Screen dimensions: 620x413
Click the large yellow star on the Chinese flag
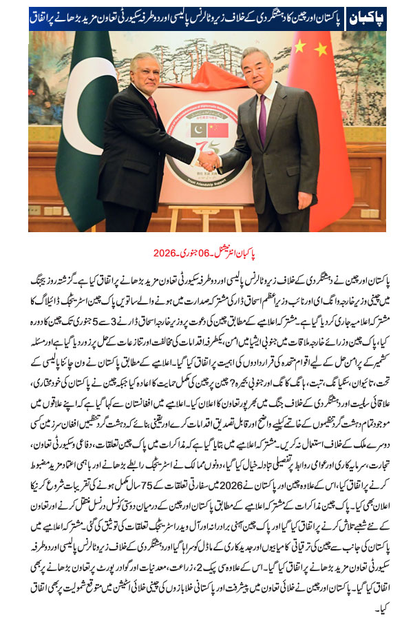[x=301, y=47]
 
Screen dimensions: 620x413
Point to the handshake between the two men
[x=207, y=161]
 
